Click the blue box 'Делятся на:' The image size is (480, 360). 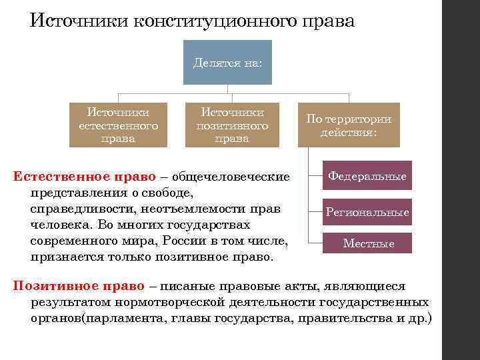(227, 63)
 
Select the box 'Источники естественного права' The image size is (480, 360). (118, 125)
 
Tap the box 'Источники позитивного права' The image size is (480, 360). (232, 125)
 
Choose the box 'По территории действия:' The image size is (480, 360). (349, 125)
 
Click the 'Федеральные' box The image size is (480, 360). (366, 177)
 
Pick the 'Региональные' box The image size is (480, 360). (367, 212)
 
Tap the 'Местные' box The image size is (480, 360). (368, 243)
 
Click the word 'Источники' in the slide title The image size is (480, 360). (79, 21)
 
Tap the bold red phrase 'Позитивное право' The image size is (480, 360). (79, 286)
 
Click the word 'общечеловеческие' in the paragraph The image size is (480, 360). (231, 177)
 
